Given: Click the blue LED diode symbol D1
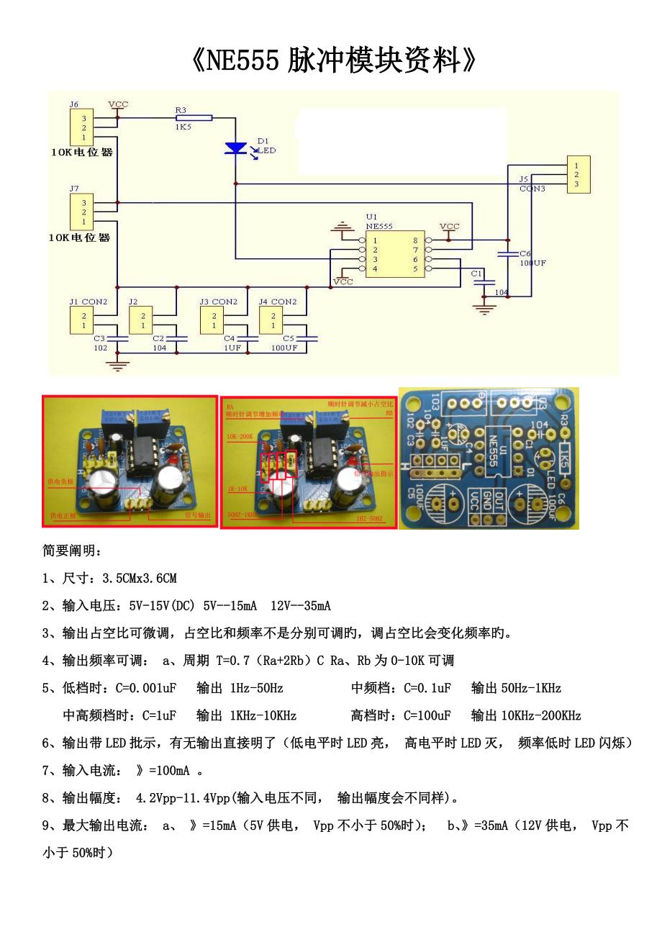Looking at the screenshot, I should pyautogui.click(x=235, y=148).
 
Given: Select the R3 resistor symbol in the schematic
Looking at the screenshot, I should pyautogui.click(x=194, y=117).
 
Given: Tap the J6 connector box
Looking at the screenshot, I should pyautogui.click(x=83, y=127).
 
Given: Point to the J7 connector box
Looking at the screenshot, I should pyautogui.click(x=83, y=212).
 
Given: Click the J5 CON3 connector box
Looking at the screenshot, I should pyautogui.click(x=578, y=175).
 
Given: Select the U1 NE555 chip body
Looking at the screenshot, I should pyautogui.click(x=394, y=255).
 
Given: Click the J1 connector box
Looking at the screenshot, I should pyautogui.click(x=83, y=320).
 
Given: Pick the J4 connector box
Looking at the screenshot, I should pyautogui.click(x=272, y=320).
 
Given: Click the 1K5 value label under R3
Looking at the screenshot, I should pyautogui.click(x=182, y=127).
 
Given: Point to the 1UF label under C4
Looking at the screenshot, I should pyautogui.click(x=232, y=348).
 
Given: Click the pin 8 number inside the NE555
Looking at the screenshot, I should pyautogui.click(x=414, y=240).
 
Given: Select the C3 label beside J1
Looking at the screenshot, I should pyautogui.click(x=99, y=338).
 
